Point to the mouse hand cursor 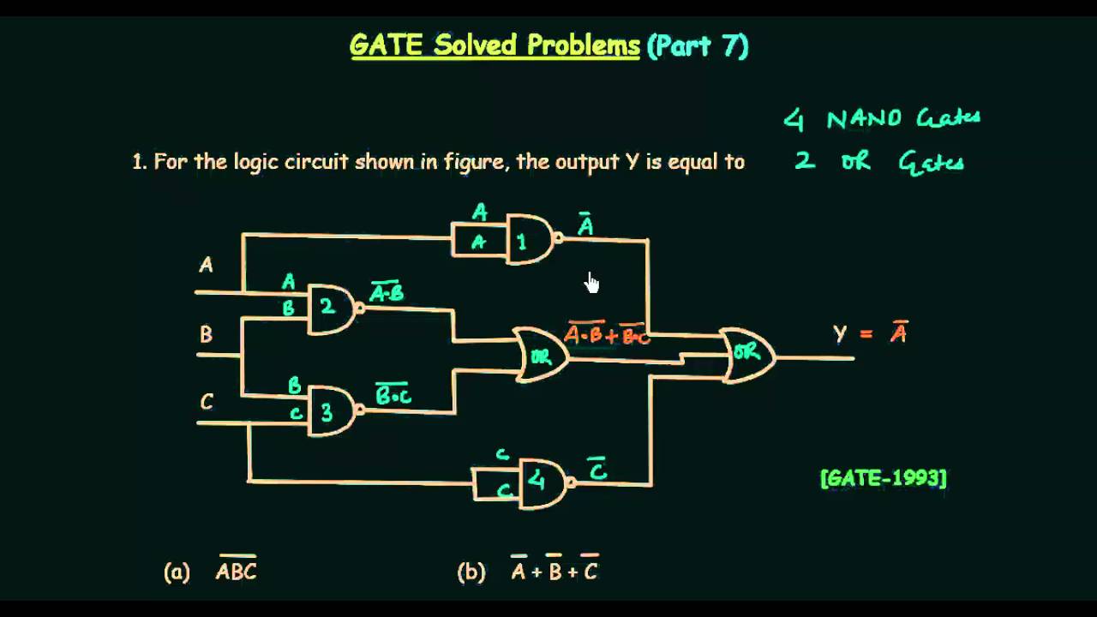pos(591,282)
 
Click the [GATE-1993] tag pos(883,478)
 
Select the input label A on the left pos(206,266)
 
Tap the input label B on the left pos(206,334)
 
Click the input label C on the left pos(207,402)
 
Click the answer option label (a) pos(177,572)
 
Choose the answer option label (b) pos(471,572)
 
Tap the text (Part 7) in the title pos(698,45)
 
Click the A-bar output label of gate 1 pos(585,225)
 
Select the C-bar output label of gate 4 pos(598,470)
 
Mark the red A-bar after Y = pos(898,332)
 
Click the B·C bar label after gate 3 pos(393,394)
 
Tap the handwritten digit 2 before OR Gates pos(804,160)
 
